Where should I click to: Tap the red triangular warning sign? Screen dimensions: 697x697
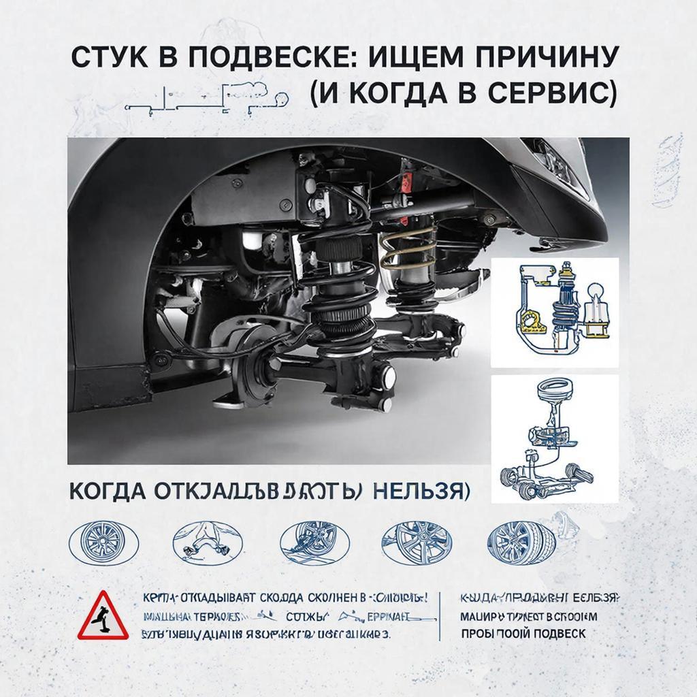click(102, 615)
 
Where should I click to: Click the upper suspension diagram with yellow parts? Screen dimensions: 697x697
click(554, 312)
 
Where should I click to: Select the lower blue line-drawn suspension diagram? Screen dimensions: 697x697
click(554, 438)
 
